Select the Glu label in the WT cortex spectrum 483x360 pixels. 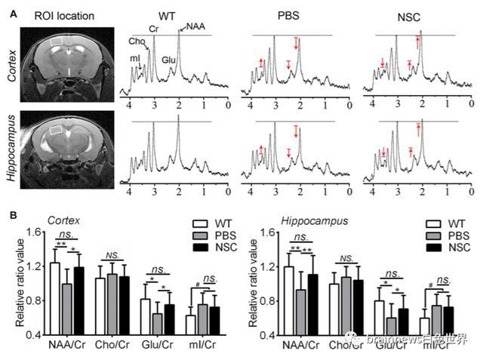(170, 59)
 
